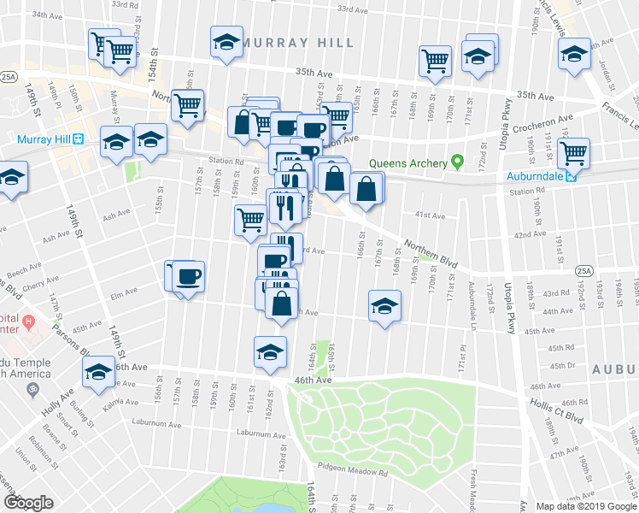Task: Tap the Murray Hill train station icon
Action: coord(78,139)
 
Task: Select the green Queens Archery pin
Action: coord(457,161)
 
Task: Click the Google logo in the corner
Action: coord(27,503)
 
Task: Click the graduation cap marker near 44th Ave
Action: coord(384,306)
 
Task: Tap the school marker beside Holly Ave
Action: coord(98,372)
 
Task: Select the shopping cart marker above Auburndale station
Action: coord(573,154)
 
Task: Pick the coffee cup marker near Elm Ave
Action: coord(189,276)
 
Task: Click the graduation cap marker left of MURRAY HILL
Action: coord(227,42)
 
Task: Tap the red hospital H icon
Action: coord(28,322)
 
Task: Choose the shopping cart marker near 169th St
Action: coord(435,62)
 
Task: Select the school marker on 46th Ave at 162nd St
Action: coord(270,352)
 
